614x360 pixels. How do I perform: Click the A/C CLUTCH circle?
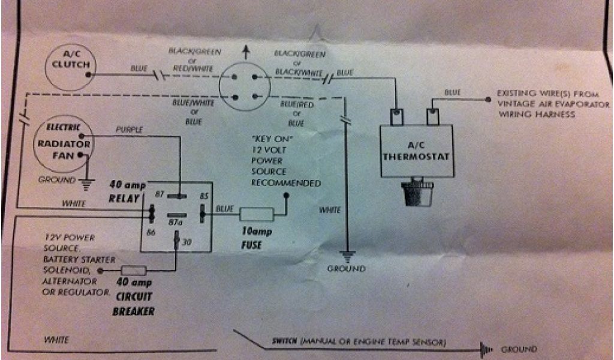pos(70,65)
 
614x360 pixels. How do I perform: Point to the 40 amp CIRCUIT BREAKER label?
pos(133,296)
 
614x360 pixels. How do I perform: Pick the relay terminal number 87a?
pos(176,223)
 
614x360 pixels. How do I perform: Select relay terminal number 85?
pos(204,196)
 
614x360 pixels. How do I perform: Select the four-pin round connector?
pos(245,87)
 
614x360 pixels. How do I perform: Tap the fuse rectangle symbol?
pos(256,214)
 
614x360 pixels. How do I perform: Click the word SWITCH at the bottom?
pos(284,342)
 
